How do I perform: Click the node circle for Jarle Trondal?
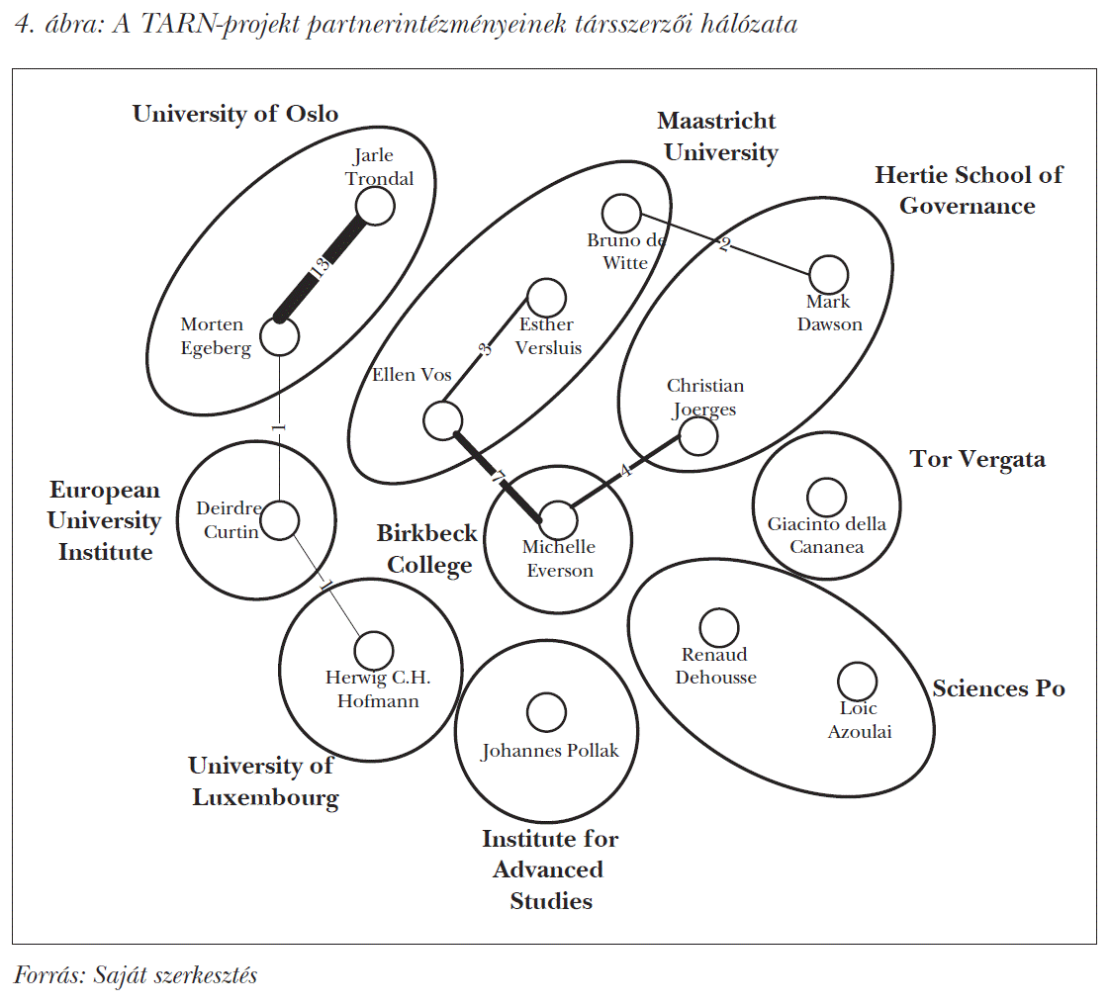coord(375,207)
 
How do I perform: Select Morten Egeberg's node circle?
coord(279,336)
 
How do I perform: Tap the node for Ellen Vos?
coord(443,420)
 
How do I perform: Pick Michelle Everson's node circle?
coord(558,520)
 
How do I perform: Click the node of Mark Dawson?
coord(828,275)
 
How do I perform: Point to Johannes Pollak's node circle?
coord(546,711)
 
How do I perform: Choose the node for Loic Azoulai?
coord(858,682)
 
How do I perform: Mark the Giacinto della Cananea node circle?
coord(826,497)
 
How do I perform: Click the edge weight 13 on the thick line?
coord(321,267)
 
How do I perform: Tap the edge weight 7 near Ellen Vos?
coord(498,477)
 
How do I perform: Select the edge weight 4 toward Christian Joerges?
coord(625,469)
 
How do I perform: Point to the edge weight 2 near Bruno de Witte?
coord(724,244)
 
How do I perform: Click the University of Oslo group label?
coord(235,114)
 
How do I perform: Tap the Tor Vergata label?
coord(977,459)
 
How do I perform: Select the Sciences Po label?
coord(999,688)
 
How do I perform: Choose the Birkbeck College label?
coord(427,549)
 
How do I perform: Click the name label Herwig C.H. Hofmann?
coord(378,689)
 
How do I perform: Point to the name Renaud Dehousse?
coord(715,666)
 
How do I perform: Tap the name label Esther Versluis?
coord(548,336)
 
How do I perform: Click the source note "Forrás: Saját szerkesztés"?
coord(136,975)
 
